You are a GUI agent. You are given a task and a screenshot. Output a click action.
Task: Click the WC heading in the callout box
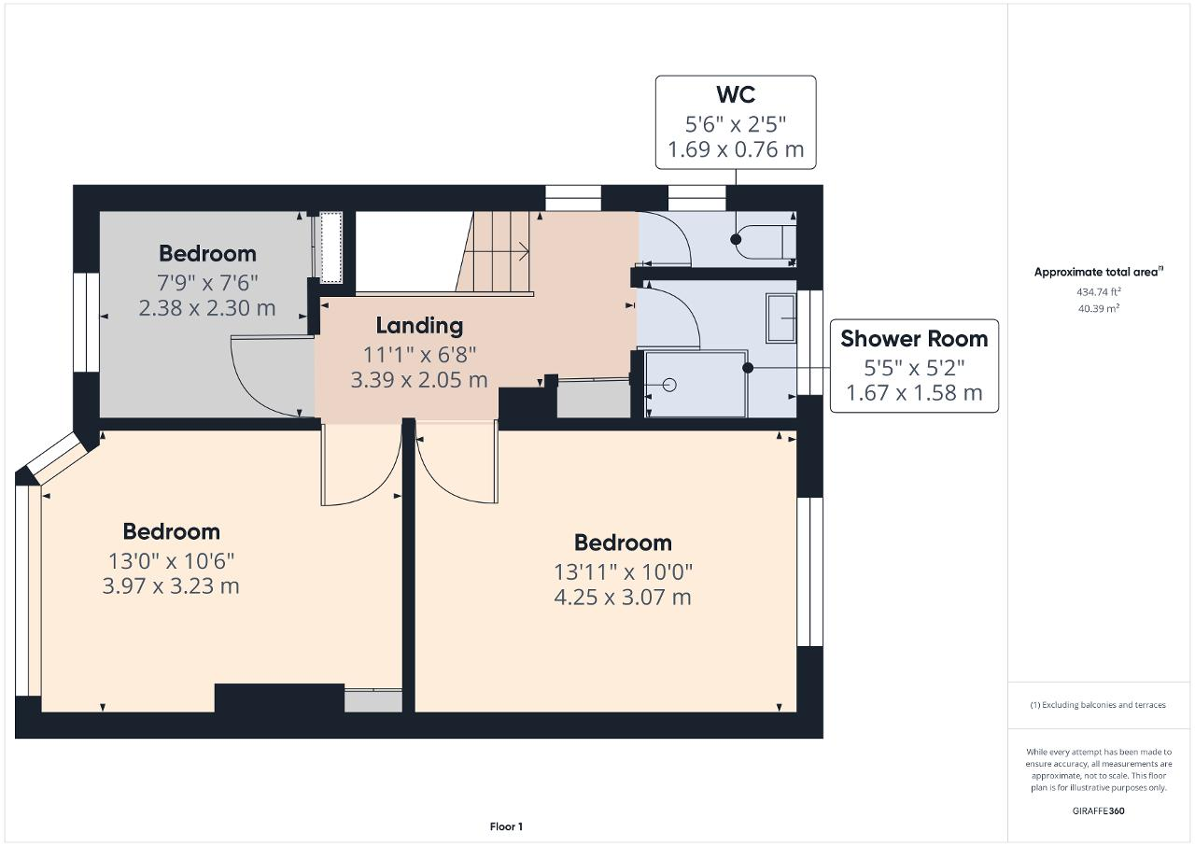click(x=736, y=94)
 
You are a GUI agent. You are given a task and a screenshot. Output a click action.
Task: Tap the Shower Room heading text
click(x=914, y=339)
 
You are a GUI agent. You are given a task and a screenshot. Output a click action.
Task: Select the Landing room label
click(x=419, y=326)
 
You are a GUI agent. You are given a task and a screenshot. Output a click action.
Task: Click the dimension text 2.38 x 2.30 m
click(x=207, y=308)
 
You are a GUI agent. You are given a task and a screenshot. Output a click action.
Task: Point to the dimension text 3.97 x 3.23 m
click(x=171, y=585)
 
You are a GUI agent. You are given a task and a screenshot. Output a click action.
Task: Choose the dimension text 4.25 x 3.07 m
click(x=623, y=597)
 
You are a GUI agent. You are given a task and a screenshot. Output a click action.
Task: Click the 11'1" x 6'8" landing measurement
click(x=419, y=354)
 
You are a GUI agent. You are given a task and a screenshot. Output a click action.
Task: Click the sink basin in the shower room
click(x=781, y=317)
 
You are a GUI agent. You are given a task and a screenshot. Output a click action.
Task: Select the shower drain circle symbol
click(x=669, y=385)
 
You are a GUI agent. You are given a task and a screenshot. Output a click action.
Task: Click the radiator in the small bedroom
click(x=330, y=247)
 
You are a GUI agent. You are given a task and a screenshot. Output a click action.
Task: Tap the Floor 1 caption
click(x=506, y=826)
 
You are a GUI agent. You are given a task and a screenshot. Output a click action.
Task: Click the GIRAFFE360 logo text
click(x=1098, y=811)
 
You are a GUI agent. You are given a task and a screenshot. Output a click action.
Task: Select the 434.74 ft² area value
click(x=1099, y=291)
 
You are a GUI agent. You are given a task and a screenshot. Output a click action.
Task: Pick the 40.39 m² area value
click(x=1099, y=308)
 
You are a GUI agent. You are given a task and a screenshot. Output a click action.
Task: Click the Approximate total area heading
click(x=1099, y=272)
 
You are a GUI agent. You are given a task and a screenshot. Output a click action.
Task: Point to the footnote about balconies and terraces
click(x=1098, y=705)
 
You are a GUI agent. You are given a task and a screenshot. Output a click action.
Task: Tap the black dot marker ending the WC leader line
click(x=737, y=239)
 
